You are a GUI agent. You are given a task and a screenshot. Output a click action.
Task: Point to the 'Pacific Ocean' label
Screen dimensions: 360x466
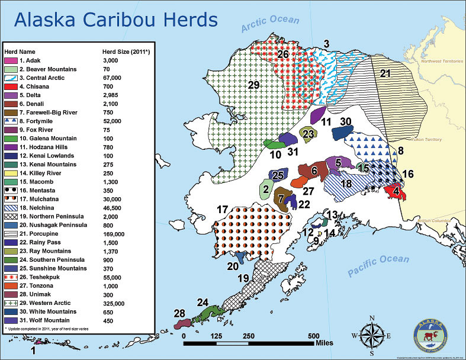(x=378, y=266)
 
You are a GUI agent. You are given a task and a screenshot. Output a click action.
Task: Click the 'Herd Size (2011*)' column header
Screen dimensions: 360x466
(x=128, y=52)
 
